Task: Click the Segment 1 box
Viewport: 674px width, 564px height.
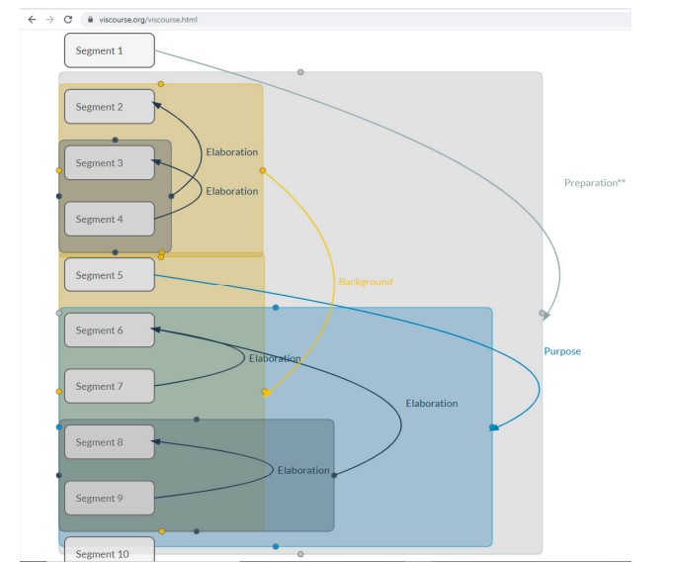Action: point(110,50)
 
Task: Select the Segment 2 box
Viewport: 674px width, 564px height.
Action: point(110,107)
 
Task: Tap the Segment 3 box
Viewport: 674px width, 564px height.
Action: point(110,162)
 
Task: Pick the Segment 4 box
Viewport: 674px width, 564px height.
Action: point(110,219)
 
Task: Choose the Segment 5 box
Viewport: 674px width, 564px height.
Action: point(110,275)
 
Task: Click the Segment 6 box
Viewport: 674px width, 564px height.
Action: point(110,329)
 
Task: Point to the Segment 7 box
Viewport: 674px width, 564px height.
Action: point(110,386)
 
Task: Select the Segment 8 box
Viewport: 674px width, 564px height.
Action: point(110,442)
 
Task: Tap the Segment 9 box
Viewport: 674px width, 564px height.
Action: point(110,498)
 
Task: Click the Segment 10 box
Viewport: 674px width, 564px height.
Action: point(110,549)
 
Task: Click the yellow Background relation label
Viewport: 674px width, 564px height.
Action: point(366,282)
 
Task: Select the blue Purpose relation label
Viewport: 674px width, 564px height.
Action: point(562,351)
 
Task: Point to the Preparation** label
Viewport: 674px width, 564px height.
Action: point(595,183)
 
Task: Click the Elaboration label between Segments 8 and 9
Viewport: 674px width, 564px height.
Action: point(303,470)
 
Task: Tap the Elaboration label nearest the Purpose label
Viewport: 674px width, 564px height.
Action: point(432,404)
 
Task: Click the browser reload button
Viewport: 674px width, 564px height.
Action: point(68,20)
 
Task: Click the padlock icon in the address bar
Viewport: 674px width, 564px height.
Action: point(90,20)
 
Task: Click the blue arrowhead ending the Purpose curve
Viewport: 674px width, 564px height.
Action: point(494,427)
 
